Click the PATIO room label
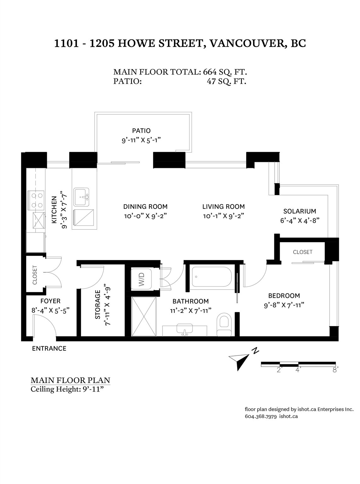click(x=141, y=131)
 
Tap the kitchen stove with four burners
click(x=36, y=200)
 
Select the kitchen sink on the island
click(x=81, y=197)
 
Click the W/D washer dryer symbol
click(x=141, y=279)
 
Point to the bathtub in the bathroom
click(x=212, y=276)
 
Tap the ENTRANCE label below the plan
click(x=49, y=349)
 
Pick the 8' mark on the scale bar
click(x=335, y=370)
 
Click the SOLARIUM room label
click(x=300, y=211)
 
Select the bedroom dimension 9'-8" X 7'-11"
click(x=284, y=305)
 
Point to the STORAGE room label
click(x=98, y=304)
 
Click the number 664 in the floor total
click(x=209, y=72)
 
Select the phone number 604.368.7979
click(x=261, y=416)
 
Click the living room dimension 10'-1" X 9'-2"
click(x=223, y=216)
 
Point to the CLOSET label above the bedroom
click(x=303, y=252)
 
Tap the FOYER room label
click(x=50, y=301)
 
